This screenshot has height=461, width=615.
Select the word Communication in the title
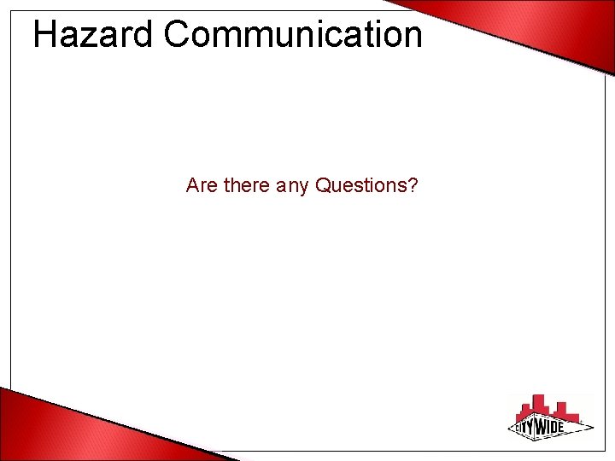click(293, 35)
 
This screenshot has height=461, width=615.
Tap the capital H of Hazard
click(44, 35)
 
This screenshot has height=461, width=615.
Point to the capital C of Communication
click(176, 35)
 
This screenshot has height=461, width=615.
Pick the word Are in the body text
click(202, 184)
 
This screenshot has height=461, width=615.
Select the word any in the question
click(292, 186)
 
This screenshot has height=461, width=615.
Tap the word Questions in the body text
click(362, 184)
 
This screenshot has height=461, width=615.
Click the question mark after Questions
click(413, 184)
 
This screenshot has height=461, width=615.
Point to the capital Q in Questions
click(324, 184)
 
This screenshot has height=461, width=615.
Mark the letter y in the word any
click(302, 188)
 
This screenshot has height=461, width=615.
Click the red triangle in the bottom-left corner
click(51, 427)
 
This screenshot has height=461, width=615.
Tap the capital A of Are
click(192, 184)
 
